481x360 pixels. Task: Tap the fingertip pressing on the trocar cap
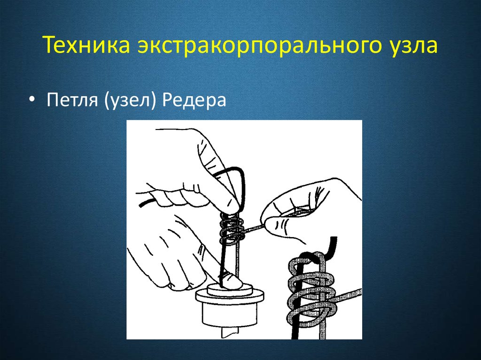231,280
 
